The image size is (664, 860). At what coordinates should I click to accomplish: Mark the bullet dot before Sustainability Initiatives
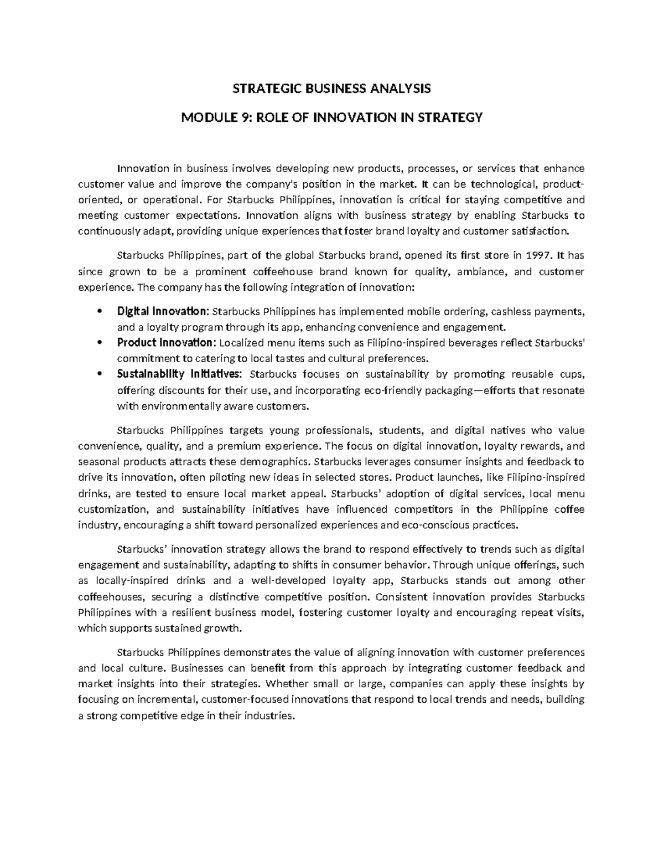(x=99, y=374)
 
